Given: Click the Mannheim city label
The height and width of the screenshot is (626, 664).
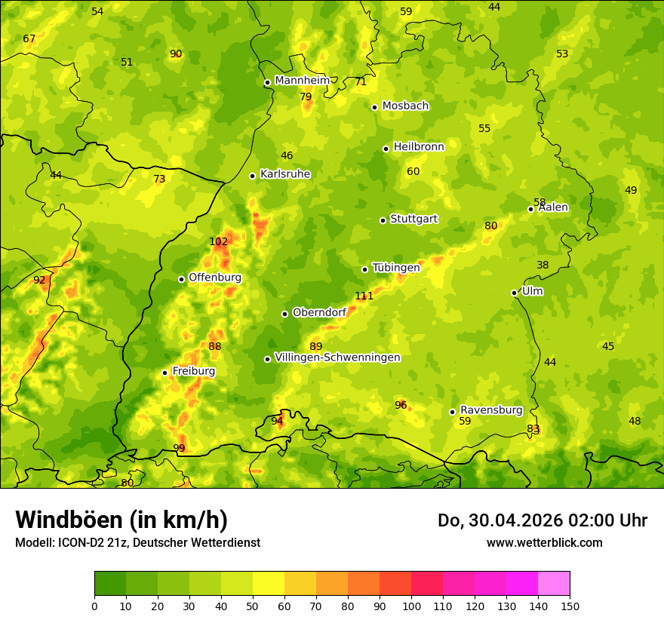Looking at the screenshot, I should click(x=302, y=81).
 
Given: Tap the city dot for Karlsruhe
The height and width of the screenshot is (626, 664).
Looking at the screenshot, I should click(x=252, y=176).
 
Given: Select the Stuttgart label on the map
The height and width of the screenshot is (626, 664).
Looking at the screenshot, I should click(x=413, y=219).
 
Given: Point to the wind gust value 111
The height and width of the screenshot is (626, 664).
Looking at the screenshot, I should click(x=364, y=296).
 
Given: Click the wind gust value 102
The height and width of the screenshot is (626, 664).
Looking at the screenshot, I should click(x=218, y=242).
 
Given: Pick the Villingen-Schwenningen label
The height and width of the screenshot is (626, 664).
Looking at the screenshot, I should click(x=337, y=357).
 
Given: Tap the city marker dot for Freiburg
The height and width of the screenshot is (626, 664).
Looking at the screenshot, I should click(x=164, y=373).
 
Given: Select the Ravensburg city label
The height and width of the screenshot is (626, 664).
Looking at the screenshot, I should click(x=491, y=410).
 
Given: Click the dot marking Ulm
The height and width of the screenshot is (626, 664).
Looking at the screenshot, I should click(x=514, y=293).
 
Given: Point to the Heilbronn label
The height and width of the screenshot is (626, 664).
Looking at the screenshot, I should click(x=419, y=147).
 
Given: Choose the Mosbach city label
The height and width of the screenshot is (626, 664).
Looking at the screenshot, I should click(x=405, y=106).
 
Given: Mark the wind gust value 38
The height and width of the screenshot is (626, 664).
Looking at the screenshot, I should click(x=543, y=265).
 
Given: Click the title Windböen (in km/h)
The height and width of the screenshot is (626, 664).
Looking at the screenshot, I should click(x=121, y=520).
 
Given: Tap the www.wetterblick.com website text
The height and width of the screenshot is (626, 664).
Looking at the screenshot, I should click(x=544, y=542).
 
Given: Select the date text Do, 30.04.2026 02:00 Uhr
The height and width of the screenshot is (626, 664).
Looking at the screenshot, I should click(x=542, y=520).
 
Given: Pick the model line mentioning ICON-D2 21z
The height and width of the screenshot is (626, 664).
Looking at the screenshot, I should click(x=137, y=542).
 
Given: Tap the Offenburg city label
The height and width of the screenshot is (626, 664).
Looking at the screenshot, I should click(x=215, y=278).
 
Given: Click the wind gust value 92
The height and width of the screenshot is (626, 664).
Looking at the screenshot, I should click(x=39, y=281).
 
